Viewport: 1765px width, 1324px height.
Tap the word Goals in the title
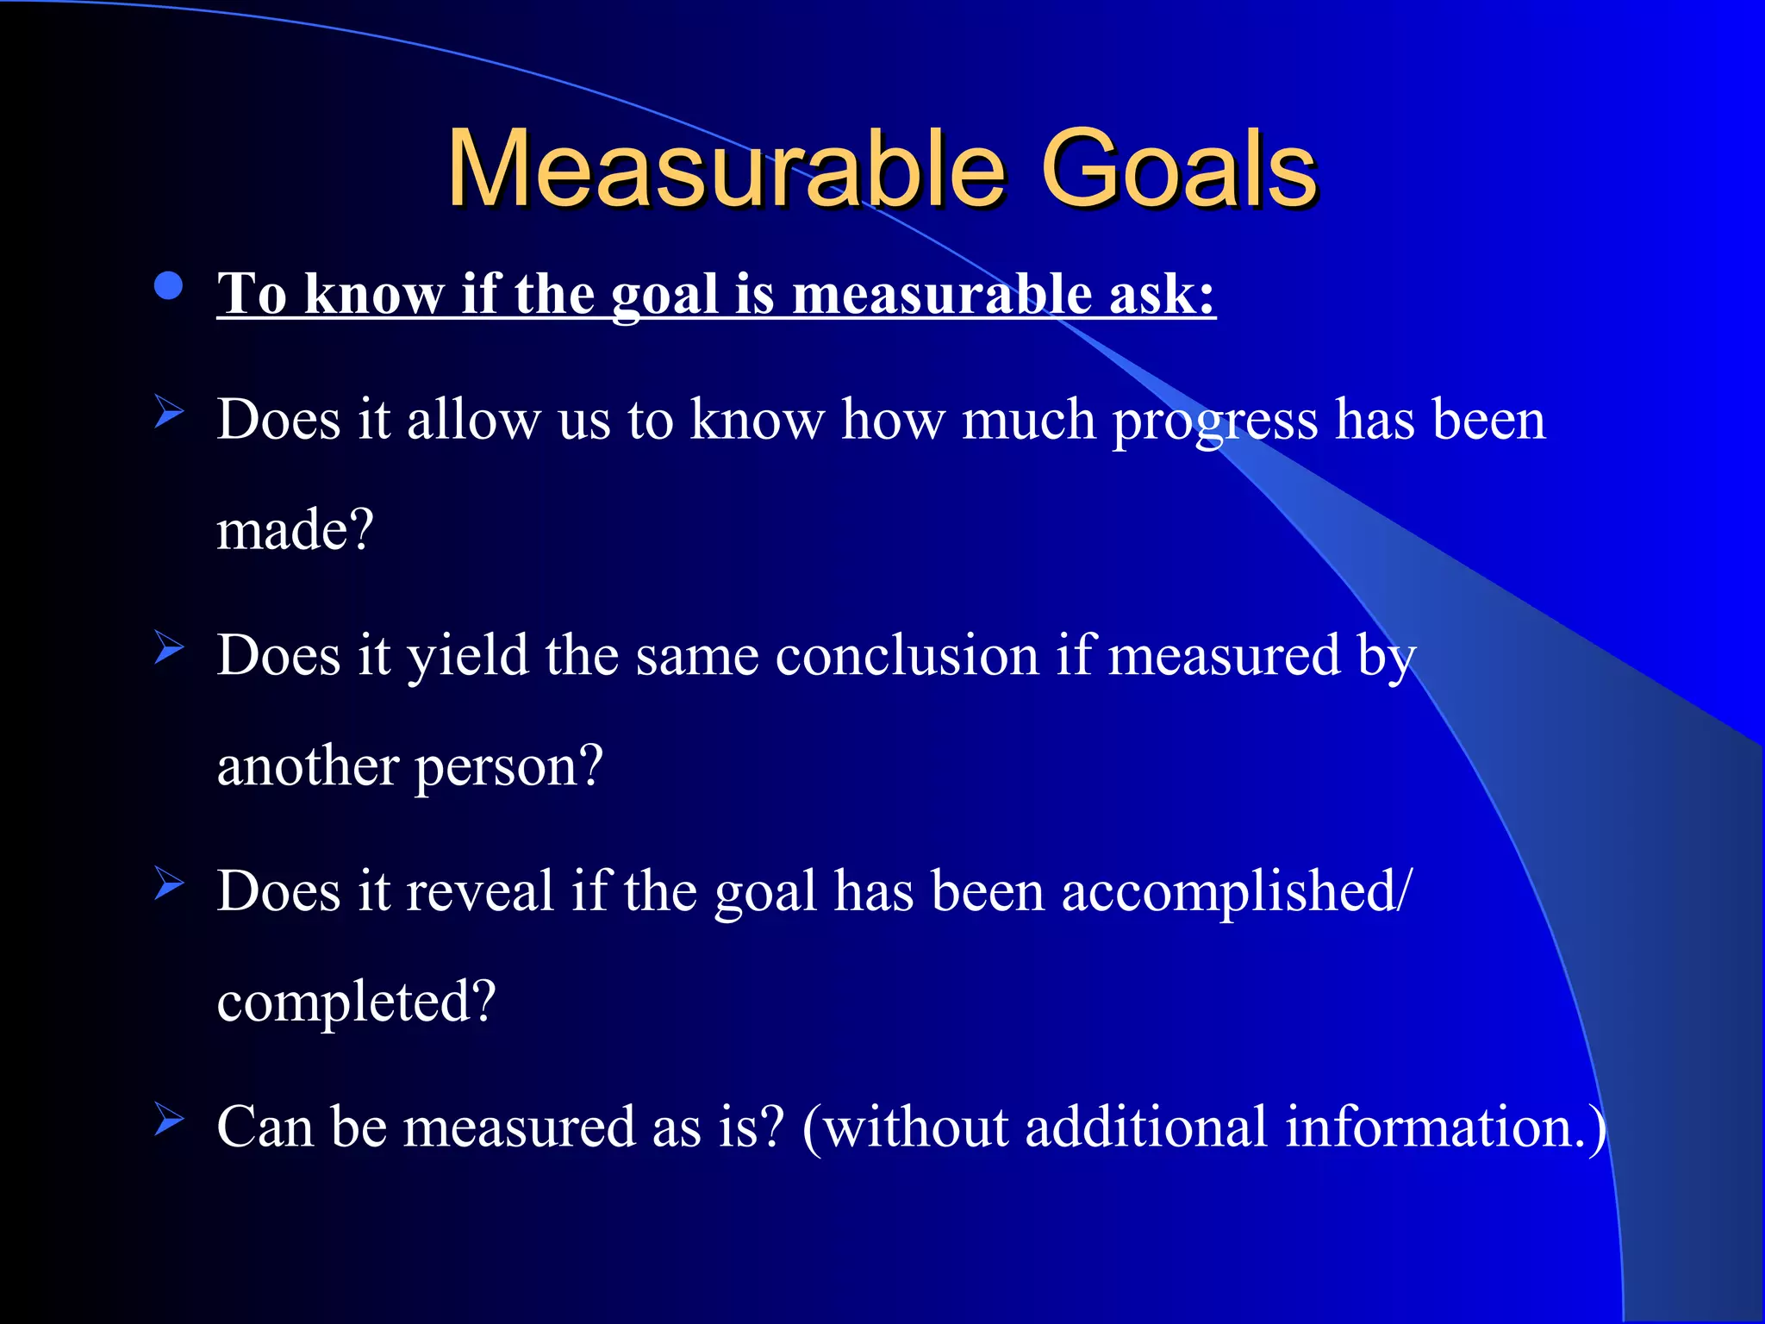tap(1179, 168)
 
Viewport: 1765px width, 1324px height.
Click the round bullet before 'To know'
tap(169, 286)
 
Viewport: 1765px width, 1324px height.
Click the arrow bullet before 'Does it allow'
tap(169, 413)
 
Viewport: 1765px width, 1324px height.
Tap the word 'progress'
tap(1215, 422)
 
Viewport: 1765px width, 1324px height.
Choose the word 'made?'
tap(295, 529)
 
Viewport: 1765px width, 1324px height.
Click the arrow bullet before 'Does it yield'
tap(169, 648)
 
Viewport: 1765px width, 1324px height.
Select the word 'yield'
tap(467, 656)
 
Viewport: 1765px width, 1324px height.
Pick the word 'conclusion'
tap(907, 656)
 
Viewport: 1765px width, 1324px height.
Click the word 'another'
tap(308, 765)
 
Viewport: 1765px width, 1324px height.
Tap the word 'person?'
tap(509, 767)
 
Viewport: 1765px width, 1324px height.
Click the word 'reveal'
tap(479, 891)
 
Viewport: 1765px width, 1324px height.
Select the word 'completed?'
tap(356, 1002)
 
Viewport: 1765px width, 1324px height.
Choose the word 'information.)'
tap(1445, 1127)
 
